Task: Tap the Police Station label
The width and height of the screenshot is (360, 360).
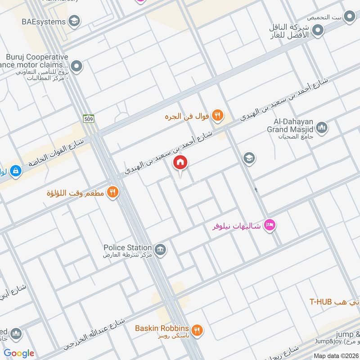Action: click(x=128, y=247)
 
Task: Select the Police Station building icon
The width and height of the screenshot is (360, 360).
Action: click(x=160, y=249)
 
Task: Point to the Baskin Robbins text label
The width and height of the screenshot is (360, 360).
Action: click(x=162, y=328)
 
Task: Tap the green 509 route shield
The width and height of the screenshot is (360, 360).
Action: click(x=88, y=118)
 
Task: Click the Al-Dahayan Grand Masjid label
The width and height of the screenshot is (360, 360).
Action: click(x=292, y=125)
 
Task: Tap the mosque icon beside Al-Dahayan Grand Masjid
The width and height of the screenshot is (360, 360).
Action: click(x=321, y=128)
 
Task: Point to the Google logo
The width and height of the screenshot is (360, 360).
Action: click(x=19, y=353)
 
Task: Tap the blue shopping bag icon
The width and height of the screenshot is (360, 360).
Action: click(x=16, y=171)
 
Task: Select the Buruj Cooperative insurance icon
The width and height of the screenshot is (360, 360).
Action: click(x=77, y=67)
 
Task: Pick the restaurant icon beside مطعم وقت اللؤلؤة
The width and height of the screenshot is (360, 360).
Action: click(x=112, y=193)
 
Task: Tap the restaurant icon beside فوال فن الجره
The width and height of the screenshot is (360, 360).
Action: click(x=218, y=116)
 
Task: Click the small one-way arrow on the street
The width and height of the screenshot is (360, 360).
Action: click(x=256, y=190)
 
